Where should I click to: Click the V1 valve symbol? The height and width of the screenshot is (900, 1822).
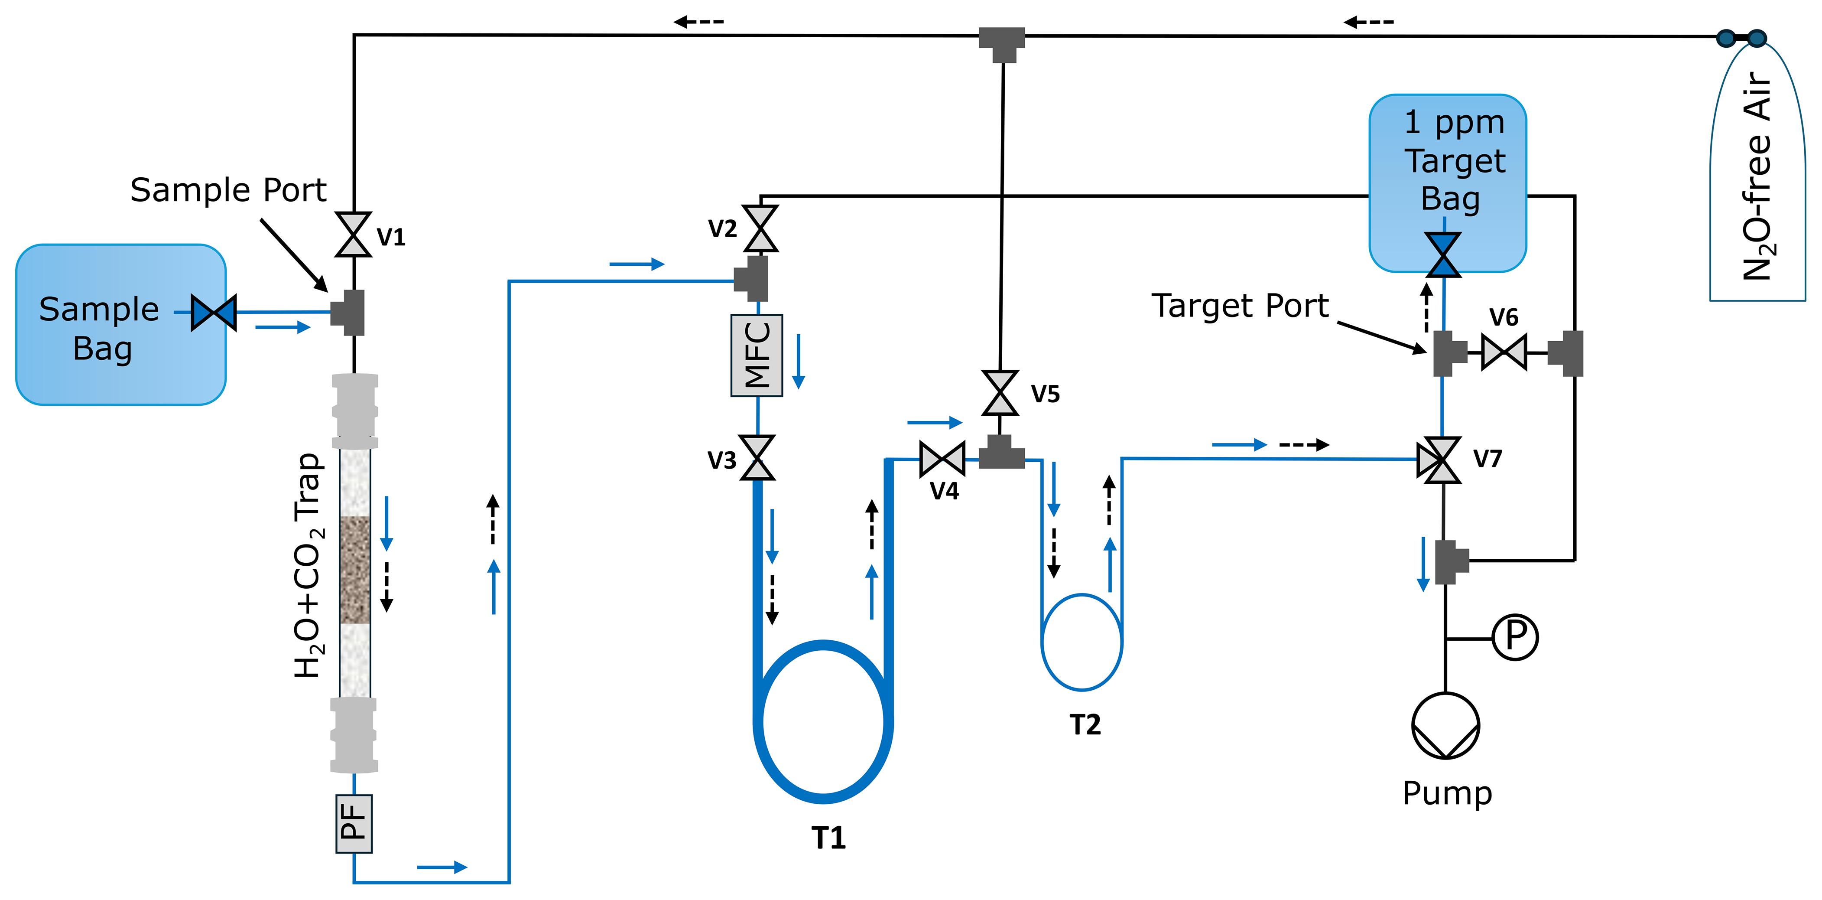pyautogui.click(x=353, y=234)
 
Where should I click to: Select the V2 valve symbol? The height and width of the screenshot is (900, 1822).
pyautogui.click(x=760, y=228)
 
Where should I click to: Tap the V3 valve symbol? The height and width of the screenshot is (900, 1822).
pyautogui.click(x=757, y=458)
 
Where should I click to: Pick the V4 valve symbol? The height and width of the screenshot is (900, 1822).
pyautogui.click(x=942, y=459)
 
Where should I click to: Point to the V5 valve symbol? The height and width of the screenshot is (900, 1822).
pyautogui.click(x=1000, y=393)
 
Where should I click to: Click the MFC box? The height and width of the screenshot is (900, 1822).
pyautogui.click(x=756, y=355)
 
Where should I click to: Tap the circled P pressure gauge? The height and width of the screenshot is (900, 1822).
pyautogui.click(x=1514, y=637)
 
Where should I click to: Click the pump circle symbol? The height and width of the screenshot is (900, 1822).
pyautogui.click(x=1445, y=726)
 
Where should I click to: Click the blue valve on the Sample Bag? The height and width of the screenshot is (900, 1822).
pyautogui.click(x=214, y=312)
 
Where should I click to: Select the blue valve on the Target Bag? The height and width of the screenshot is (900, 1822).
pyautogui.click(x=1443, y=255)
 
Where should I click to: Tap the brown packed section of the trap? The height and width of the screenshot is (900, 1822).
pyautogui.click(x=354, y=570)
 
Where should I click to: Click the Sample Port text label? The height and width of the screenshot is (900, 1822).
pyautogui.click(x=228, y=189)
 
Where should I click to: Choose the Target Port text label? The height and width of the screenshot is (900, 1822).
pyautogui.click(x=1240, y=306)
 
